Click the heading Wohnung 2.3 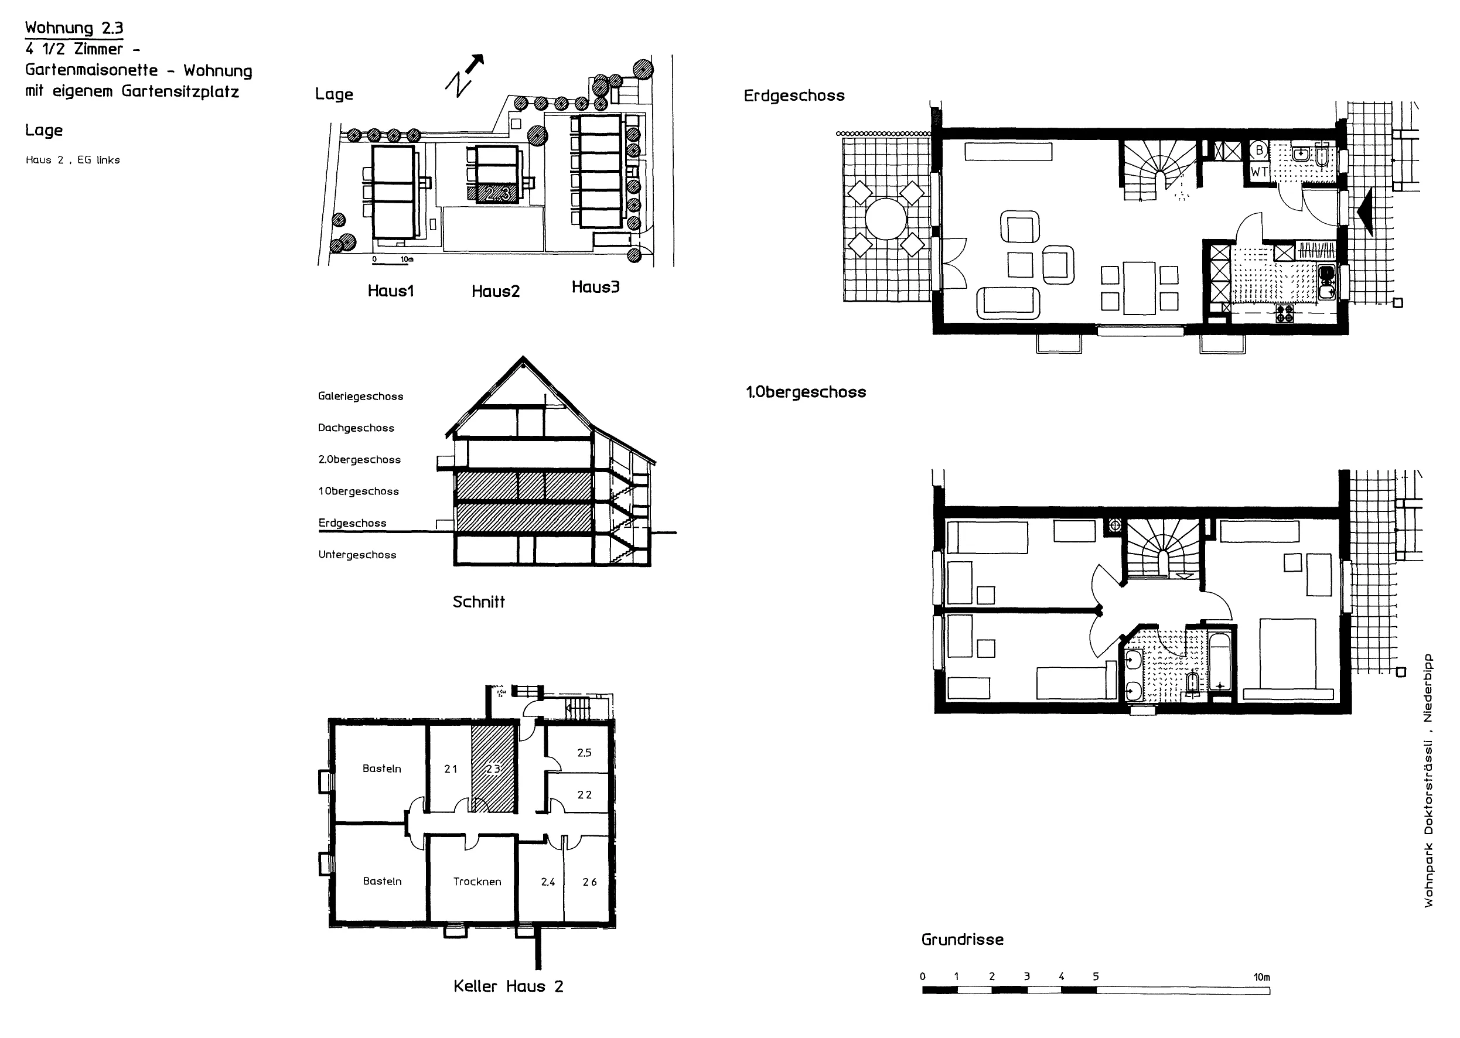click(74, 28)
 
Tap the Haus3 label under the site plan click(596, 287)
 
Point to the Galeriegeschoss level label click(360, 397)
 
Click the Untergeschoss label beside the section click(357, 555)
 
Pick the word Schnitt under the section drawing click(479, 602)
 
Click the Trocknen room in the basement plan click(477, 882)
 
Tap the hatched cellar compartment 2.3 click(493, 769)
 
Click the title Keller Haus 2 click(508, 986)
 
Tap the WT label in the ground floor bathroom click(1259, 171)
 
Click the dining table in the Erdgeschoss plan click(1139, 288)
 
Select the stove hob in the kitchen click(1285, 313)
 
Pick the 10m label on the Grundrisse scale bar click(1261, 977)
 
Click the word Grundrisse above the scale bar click(962, 940)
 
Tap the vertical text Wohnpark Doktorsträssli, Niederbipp click(1428, 780)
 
